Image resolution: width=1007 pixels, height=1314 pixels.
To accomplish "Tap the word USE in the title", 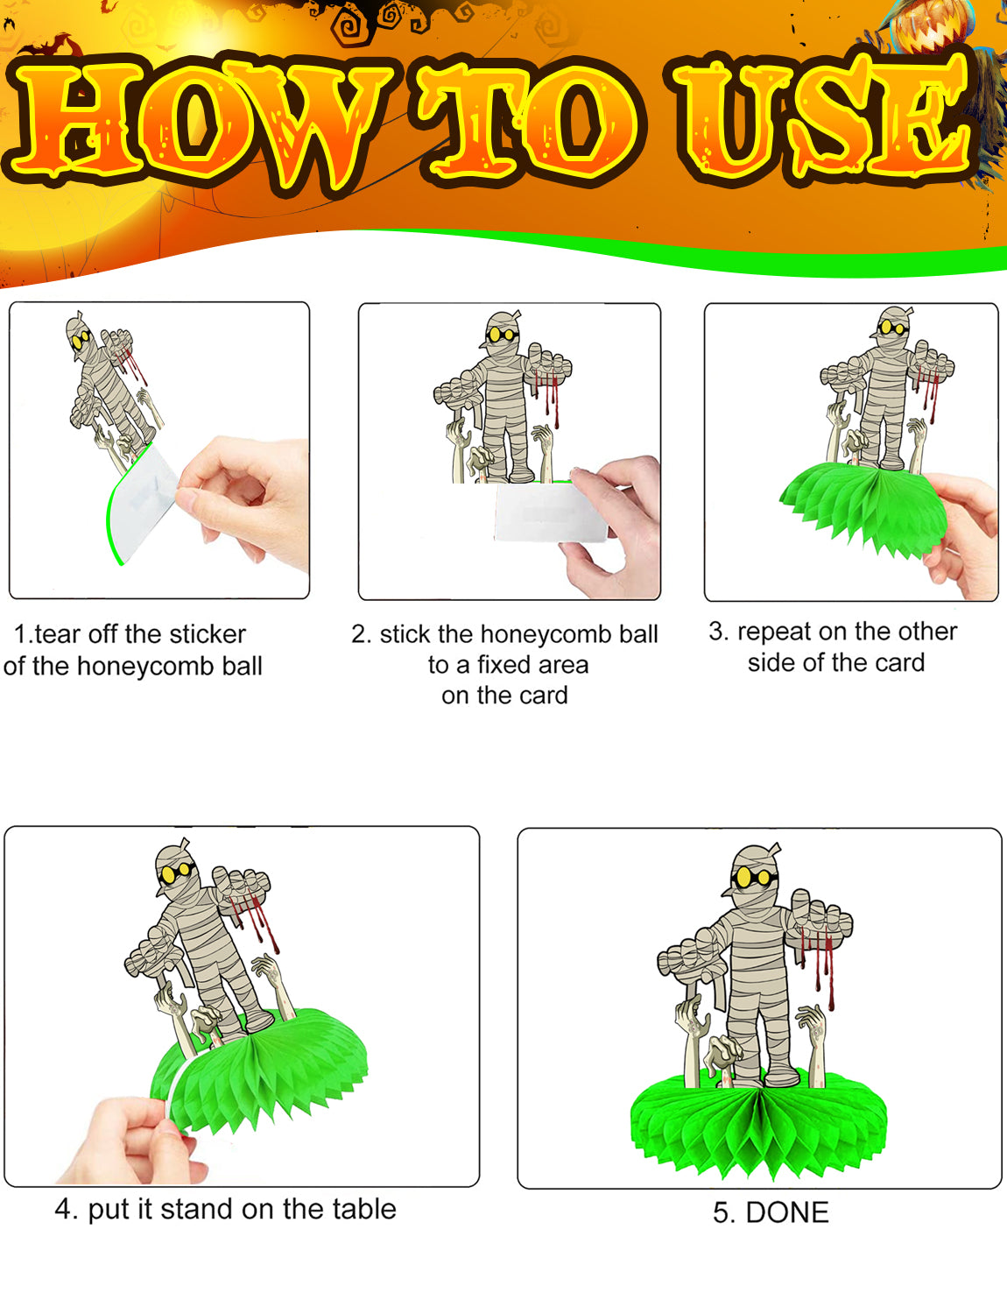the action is click(823, 118).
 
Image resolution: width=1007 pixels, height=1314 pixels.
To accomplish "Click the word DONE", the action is click(787, 1212).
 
